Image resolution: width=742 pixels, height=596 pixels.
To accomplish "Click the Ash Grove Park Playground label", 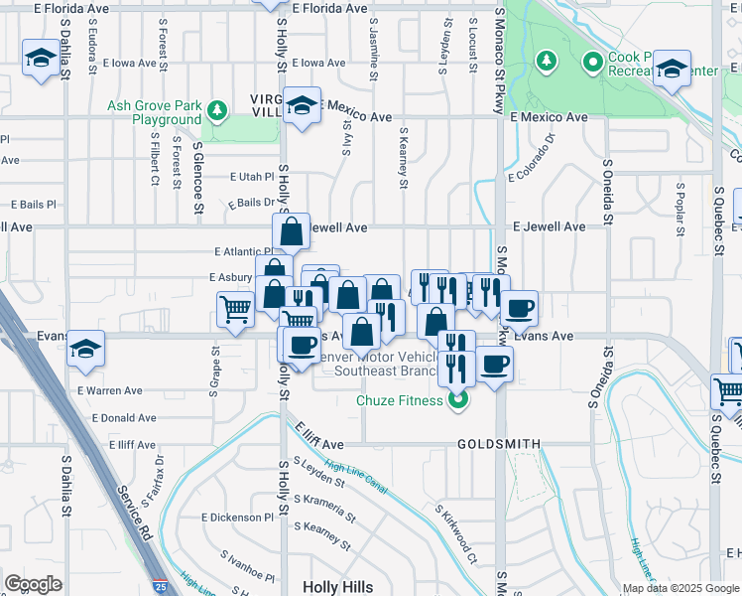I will pos(156,113).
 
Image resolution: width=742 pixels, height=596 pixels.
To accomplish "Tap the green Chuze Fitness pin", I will pos(457,401).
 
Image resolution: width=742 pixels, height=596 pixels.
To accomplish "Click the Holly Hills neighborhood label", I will pos(338,587).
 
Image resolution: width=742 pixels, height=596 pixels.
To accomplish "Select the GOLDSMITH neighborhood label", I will pos(499,444).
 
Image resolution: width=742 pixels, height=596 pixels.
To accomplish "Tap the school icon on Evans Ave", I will pos(86,348).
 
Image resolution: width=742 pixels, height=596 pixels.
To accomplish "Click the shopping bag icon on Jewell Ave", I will pos(292,233).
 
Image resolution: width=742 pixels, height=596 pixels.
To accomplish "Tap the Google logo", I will pos(33,584).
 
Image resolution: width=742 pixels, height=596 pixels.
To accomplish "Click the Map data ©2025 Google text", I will pos(680,588).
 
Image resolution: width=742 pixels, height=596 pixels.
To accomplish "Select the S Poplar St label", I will pos(681,210).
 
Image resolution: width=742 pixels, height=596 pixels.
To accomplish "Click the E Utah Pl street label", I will pos(250,177).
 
